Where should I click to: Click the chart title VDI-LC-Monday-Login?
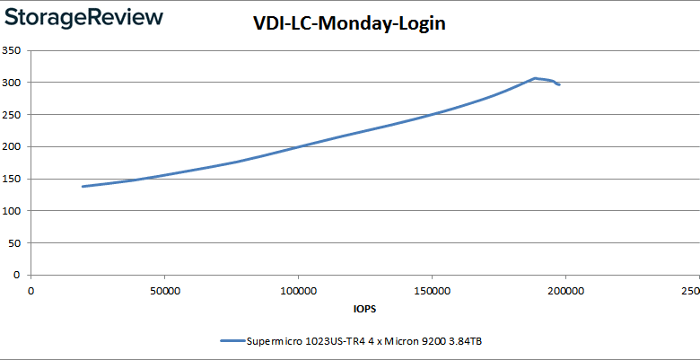pos(349,23)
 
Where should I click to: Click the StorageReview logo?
pos(83,17)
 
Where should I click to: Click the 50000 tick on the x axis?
pos(164,291)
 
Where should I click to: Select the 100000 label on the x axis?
pos(298,291)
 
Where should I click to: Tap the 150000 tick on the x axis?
pos(432,291)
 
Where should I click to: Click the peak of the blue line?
pos(535,78)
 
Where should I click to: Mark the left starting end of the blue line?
pos(83,187)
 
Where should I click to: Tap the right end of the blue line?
pos(559,84)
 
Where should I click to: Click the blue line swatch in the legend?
pos(232,341)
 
